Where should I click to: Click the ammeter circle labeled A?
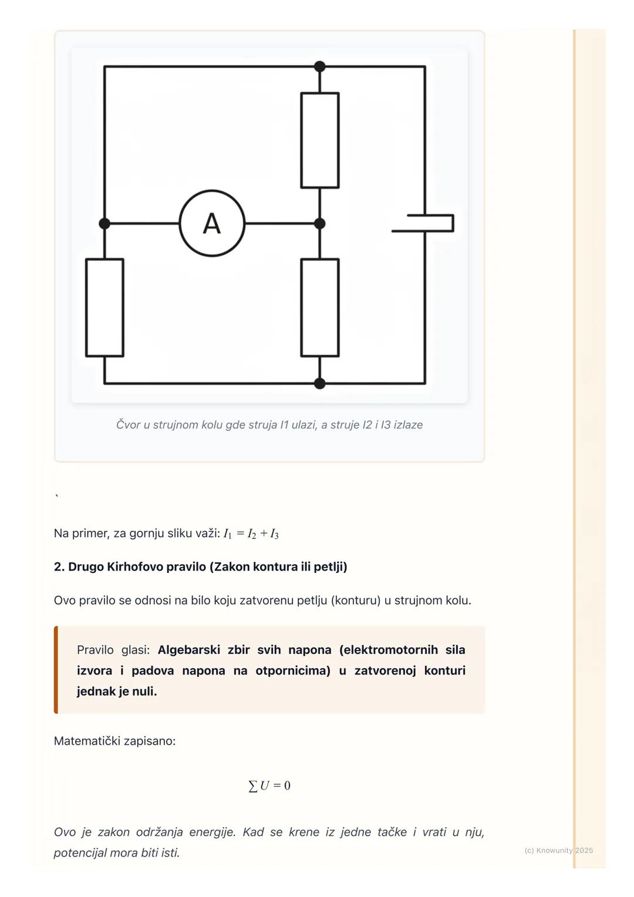click(212, 223)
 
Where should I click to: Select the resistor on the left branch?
click(104, 308)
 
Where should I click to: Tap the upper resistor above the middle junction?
click(319, 140)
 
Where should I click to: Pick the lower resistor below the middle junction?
click(319, 308)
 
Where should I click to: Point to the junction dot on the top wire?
click(319, 66)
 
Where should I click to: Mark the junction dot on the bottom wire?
click(319, 383)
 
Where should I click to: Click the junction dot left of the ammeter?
click(104, 224)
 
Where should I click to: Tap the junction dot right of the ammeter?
click(319, 224)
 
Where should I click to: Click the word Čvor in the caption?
click(128, 424)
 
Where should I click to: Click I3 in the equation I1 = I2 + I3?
click(274, 534)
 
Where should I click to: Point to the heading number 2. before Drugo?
click(59, 566)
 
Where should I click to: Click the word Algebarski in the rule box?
click(188, 650)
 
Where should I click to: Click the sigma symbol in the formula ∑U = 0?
click(253, 786)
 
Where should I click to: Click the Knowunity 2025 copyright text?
click(558, 850)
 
